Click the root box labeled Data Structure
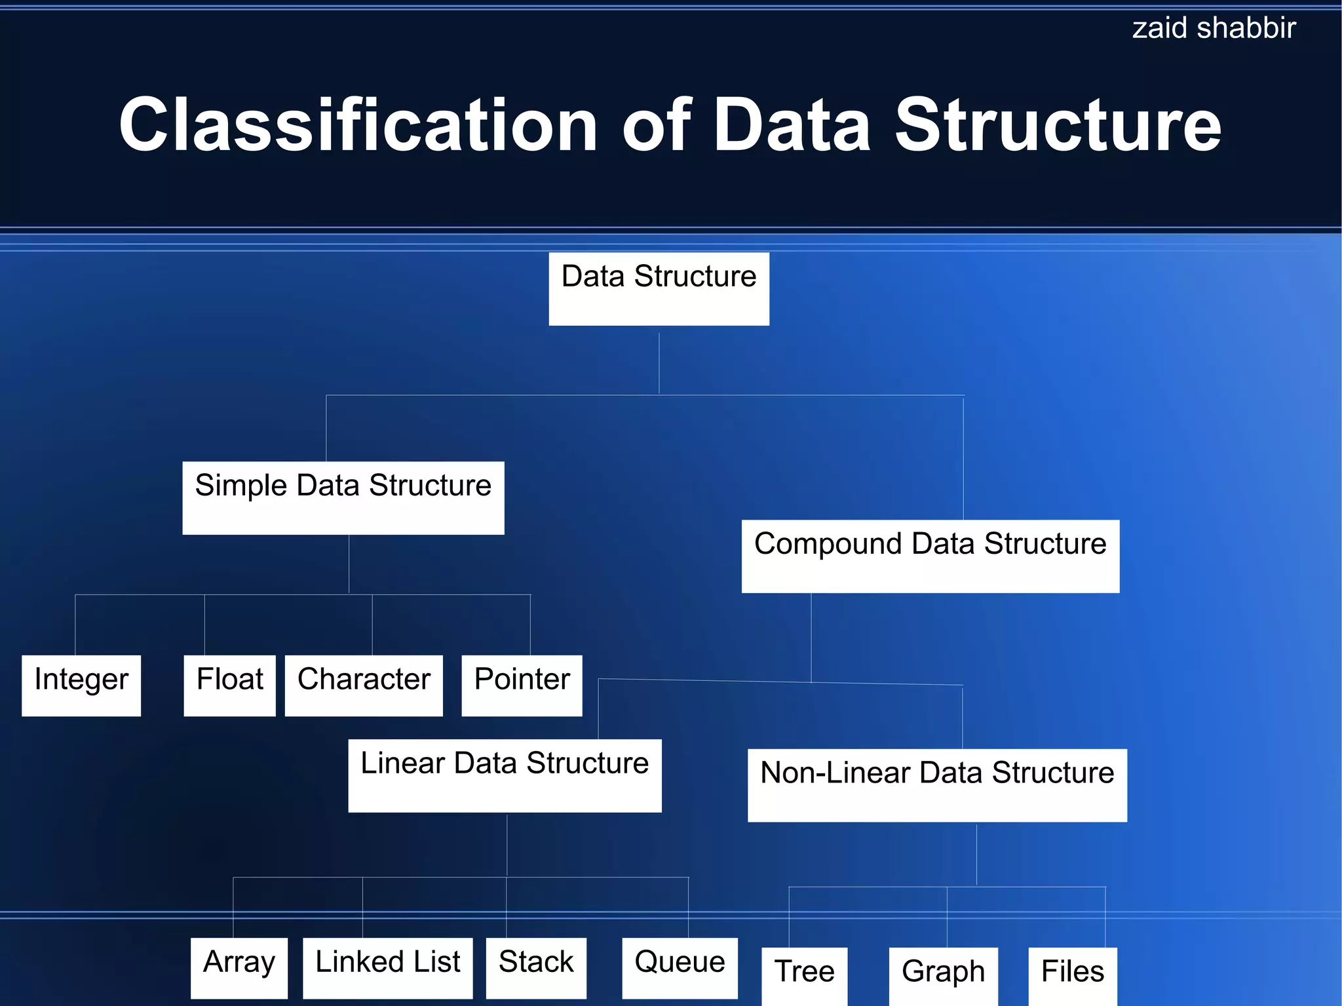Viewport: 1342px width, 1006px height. [659, 288]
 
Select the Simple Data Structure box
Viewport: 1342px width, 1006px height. [343, 497]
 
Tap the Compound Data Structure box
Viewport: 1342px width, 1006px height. [930, 556]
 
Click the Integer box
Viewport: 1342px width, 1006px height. [81, 685]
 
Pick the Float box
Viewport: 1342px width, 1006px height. [229, 685]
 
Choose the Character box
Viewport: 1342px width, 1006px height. [364, 685]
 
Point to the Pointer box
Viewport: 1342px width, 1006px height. [522, 685]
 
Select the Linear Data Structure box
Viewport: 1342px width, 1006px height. [505, 775]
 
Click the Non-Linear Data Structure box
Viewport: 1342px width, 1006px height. [937, 784]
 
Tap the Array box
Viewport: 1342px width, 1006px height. [239, 967]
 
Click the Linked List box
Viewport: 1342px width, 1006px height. [387, 967]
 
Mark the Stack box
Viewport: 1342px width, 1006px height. [536, 967]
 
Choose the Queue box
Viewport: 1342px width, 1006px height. [680, 967]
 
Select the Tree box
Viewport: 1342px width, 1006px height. [804, 975]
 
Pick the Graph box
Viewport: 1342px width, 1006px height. [943, 975]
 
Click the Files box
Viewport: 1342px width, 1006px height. [1072, 975]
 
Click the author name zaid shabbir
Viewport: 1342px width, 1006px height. [1214, 28]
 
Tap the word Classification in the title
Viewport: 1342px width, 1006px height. [358, 125]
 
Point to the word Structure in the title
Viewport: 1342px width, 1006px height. [1058, 125]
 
